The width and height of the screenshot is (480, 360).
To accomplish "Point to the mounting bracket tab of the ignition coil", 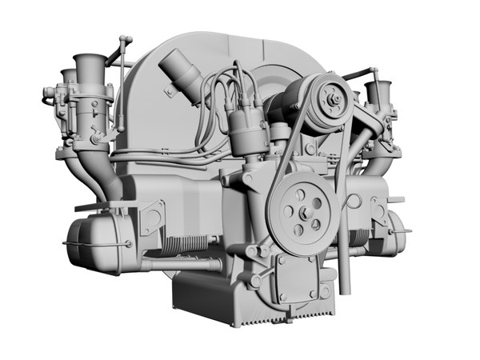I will [x=170, y=90].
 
